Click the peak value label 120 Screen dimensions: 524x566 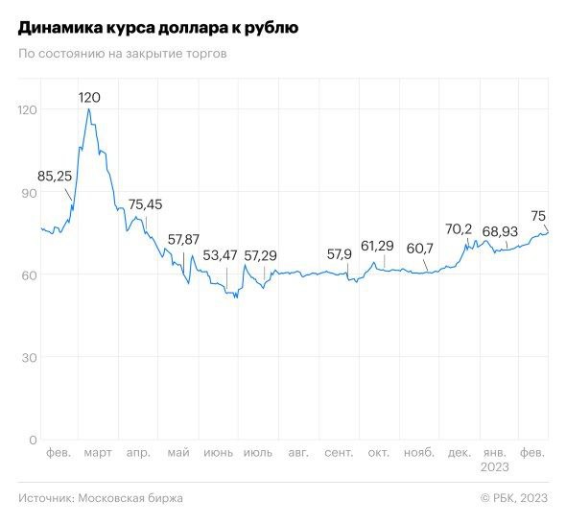point(89,97)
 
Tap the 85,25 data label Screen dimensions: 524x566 point(56,176)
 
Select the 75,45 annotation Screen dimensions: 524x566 point(146,203)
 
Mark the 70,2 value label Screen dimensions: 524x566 point(460,229)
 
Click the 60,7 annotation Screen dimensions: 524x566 point(419,250)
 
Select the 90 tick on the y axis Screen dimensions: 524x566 point(27,193)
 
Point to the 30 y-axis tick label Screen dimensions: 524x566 point(27,358)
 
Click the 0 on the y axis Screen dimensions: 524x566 point(32,441)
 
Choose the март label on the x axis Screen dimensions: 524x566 point(98,453)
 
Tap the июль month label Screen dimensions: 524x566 point(258,453)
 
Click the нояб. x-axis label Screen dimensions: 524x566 point(419,453)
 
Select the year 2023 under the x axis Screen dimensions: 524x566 point(496,467)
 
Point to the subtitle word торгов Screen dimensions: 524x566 point(206,53)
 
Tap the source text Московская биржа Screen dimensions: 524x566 point(131,498)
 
